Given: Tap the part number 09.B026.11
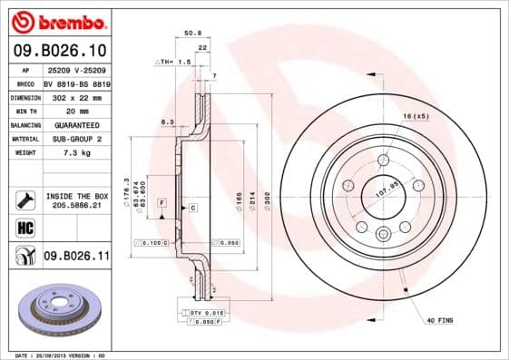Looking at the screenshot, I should point(75,258).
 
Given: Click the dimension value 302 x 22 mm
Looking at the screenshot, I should point(75,95).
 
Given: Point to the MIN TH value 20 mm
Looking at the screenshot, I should point(75,110).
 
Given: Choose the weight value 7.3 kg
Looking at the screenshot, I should point(75,153).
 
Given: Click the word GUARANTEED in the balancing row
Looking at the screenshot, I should point(75,124).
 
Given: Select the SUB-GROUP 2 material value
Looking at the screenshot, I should point(75,139).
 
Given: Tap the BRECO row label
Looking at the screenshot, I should point(24,82).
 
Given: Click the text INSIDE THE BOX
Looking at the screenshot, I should point(76,195).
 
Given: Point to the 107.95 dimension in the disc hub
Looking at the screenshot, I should point(388,191).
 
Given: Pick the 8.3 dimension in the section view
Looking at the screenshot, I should point(166,122).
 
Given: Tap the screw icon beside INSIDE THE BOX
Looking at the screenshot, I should point(24,199).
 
